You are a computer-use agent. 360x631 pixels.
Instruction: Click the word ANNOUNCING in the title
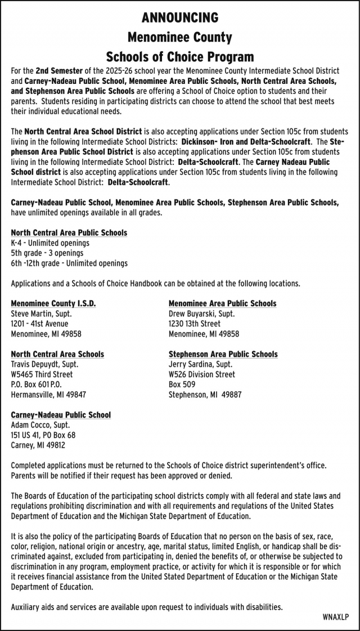(x=180, y=18)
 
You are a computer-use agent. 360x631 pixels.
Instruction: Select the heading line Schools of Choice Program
(x=180, y=57)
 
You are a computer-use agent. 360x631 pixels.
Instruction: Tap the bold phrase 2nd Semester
(x=58, y=71)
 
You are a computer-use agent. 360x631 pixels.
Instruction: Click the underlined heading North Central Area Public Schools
(x=69, y=232)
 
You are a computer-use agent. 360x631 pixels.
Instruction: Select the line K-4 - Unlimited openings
(x=50, y=243)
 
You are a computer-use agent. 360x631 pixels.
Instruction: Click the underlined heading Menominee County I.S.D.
(x=53, y=303)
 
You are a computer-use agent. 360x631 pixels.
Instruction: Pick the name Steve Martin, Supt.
(x=42, y=314)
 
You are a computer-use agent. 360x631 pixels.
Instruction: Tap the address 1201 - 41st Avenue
(x=39, y=324)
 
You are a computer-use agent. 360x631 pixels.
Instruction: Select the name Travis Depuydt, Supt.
(x=45, y=364)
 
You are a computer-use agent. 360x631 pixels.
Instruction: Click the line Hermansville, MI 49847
(x=48, y=395)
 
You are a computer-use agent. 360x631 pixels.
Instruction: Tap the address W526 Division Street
(x=202, y=374)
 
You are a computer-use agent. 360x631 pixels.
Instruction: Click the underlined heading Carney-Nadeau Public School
(x=61, y=415)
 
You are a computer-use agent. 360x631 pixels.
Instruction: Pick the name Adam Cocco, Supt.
(x=40, y=425)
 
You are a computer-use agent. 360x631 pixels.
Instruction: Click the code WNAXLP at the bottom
(x=335, y=617)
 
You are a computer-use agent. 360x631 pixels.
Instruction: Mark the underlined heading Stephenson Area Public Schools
(x=223, y=354)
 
